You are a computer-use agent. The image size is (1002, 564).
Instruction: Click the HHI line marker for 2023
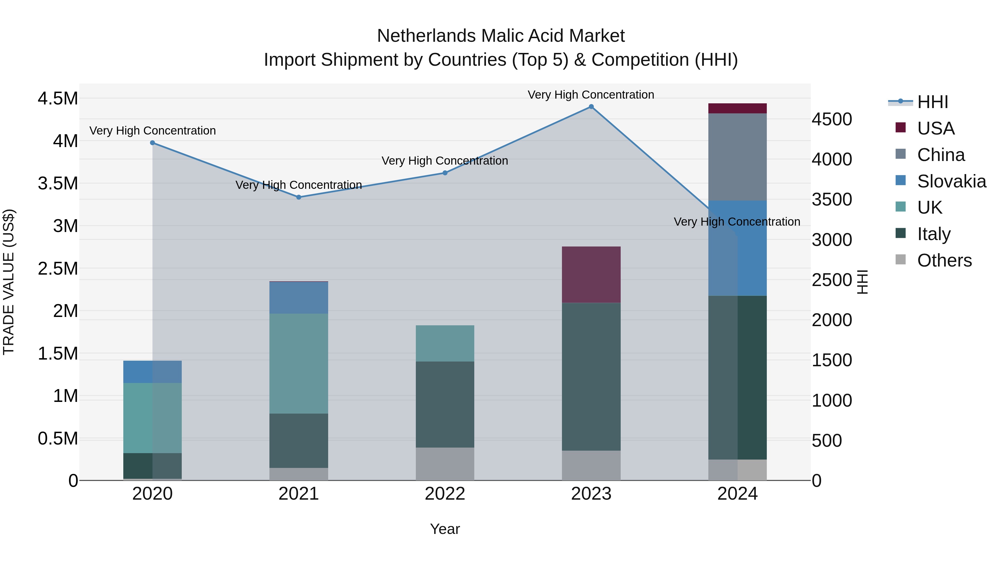pyautogui.click(x=591, y=107)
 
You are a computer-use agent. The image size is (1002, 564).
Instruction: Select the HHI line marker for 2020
pyautogui.click(x=153, y=143)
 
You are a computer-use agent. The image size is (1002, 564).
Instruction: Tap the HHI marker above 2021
pyautogui.click(x=299, y=197)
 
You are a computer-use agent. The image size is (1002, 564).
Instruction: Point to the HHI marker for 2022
pyautogui.click(x=445, y=173)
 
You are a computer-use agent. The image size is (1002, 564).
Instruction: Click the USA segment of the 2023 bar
pyautogui.click(x=591, y=274)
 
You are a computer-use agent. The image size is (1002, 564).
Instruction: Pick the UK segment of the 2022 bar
pyautogui.click(x=445, y=343)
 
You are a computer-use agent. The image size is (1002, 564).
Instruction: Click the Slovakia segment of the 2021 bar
pyautogui.click(x=299, y=298)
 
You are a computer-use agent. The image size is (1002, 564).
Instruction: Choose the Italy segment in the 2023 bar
pyautogui.click(x=591, y=377)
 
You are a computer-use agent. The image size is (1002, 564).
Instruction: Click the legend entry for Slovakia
pyautogui.click(x=951, y=181)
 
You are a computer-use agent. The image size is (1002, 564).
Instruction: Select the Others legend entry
pyautogui.click(x=944, y=260)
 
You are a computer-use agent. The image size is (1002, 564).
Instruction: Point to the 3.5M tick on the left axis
pyautogui.click(x=58, y=183)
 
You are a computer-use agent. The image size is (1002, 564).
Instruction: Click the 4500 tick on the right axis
pyautogui.click(x=832, y=119)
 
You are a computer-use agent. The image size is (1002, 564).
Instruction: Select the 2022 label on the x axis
pyautogui.click(x=445, y=494)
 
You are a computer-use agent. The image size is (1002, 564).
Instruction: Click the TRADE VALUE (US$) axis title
pyautogui.click(x=9, y=282)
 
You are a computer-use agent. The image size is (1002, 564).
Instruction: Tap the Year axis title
pyautogui.click(x=445, y=529)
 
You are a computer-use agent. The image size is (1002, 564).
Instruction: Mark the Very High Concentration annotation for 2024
pyautogui.click(x=737, y=222)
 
